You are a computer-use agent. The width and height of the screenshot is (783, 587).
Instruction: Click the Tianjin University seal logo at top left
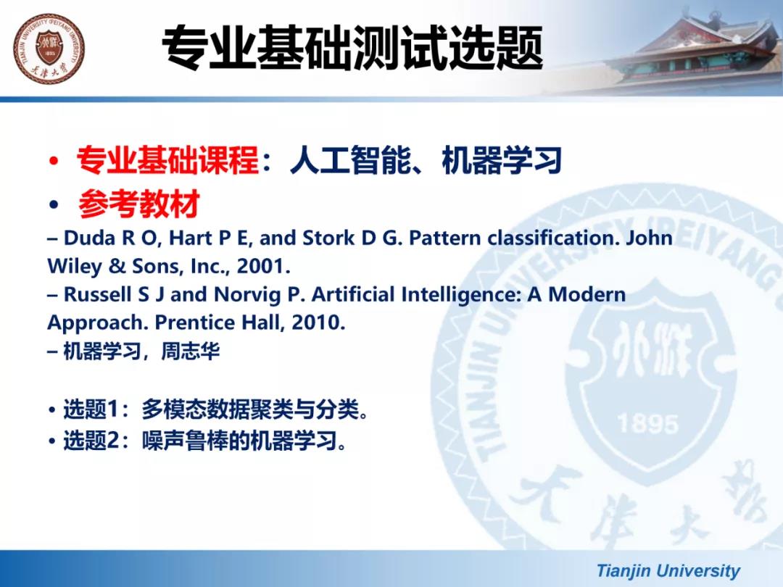tap(49, 49)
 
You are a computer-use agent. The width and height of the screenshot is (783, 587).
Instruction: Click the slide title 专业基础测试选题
tap(352, 48)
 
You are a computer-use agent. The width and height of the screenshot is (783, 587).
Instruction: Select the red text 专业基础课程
tap(168, 160)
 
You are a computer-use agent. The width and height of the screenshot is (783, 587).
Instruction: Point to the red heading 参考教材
tap(138, 204)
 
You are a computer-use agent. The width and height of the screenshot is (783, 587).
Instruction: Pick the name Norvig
tap(247, 295)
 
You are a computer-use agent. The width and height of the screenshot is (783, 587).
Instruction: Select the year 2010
tap(318, 322)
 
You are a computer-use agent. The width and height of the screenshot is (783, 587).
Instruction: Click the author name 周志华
tap(190, 351)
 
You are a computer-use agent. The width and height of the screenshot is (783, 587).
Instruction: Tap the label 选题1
tap(91, 409)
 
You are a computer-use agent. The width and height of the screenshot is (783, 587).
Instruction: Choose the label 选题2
tap(91, 441)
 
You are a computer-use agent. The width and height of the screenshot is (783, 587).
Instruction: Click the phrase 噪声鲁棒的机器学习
tap(239, 441)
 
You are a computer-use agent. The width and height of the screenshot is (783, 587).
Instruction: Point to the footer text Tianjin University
tap(668, 570)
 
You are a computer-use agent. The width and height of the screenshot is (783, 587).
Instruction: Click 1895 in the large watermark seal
tap(648, 424)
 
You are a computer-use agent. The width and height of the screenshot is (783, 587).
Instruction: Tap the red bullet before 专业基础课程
tap(54, 161)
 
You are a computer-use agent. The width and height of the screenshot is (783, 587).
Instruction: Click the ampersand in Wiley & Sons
tap(117, 266)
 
